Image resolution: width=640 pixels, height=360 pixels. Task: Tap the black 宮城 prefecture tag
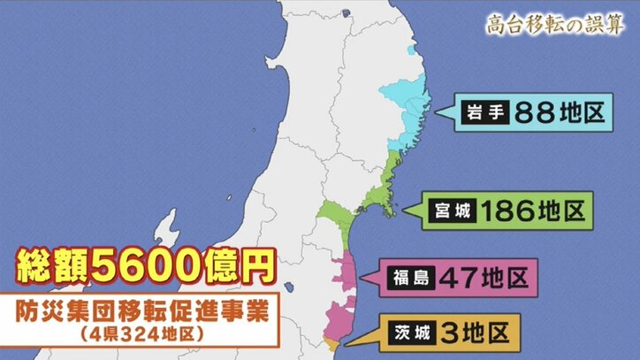click(452, 211)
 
